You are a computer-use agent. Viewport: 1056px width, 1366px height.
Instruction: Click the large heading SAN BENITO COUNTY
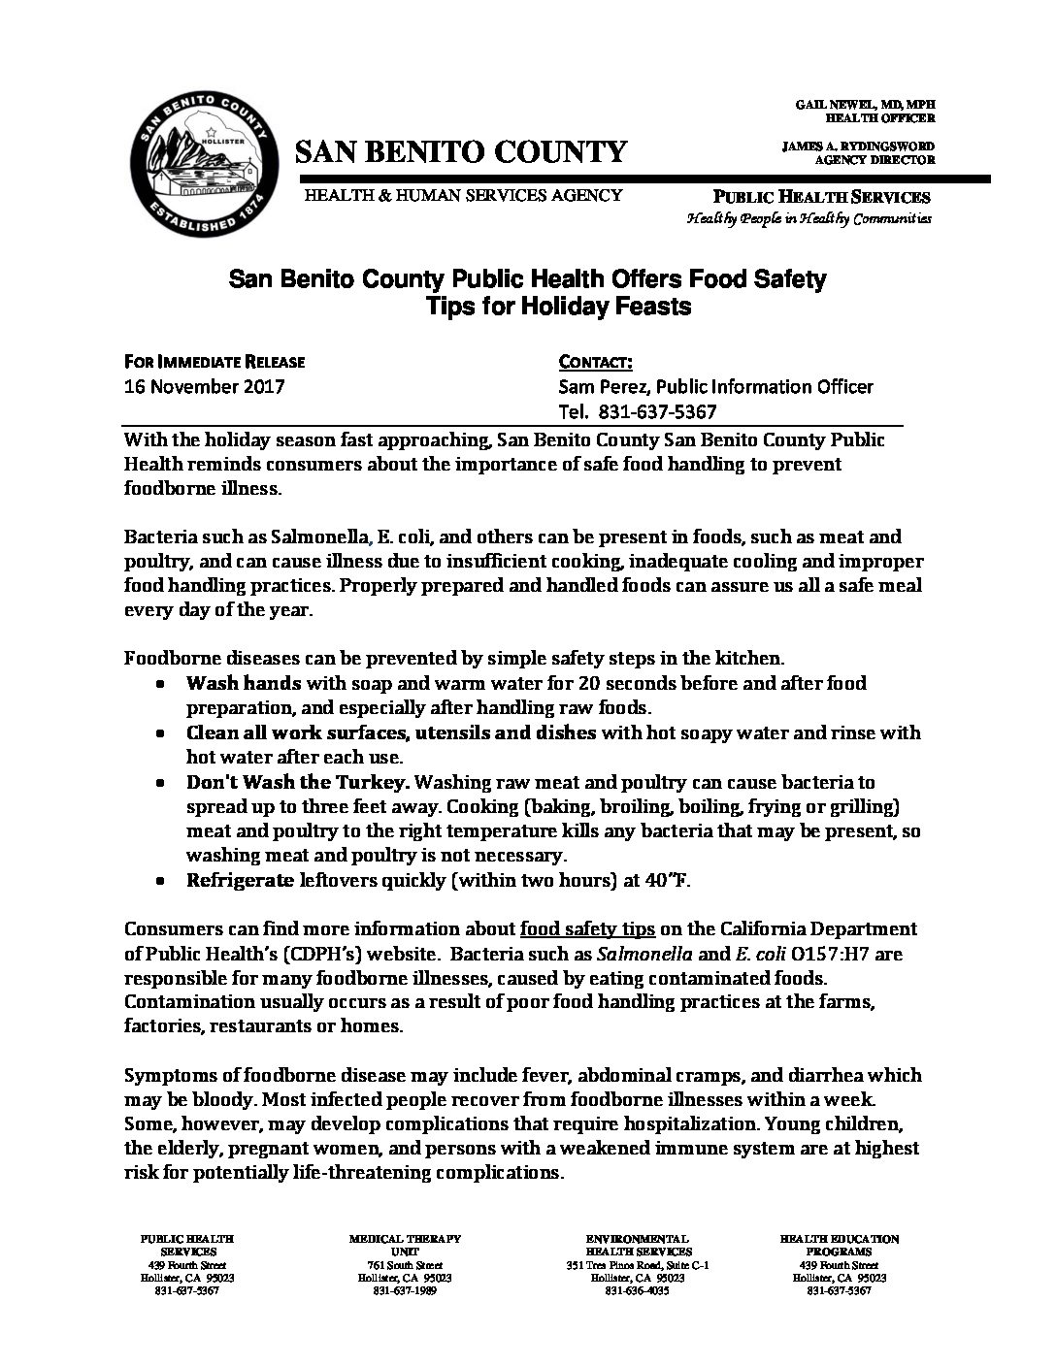(461, 151)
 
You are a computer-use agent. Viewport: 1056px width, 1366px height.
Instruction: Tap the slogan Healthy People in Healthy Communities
(808, 219)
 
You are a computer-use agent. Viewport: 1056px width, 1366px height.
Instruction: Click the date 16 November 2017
(205, 386)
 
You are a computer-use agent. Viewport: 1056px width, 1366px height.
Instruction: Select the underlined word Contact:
(596, 362)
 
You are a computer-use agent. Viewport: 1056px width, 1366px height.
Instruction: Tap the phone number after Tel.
(661, 411)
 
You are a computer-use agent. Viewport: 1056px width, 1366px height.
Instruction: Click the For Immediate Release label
(214, 362)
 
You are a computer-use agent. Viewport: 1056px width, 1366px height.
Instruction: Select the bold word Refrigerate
(240, 881)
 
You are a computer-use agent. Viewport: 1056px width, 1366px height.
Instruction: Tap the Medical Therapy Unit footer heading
(405, 1245)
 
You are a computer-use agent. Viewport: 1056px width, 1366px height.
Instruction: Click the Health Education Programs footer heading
(840, 1245)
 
